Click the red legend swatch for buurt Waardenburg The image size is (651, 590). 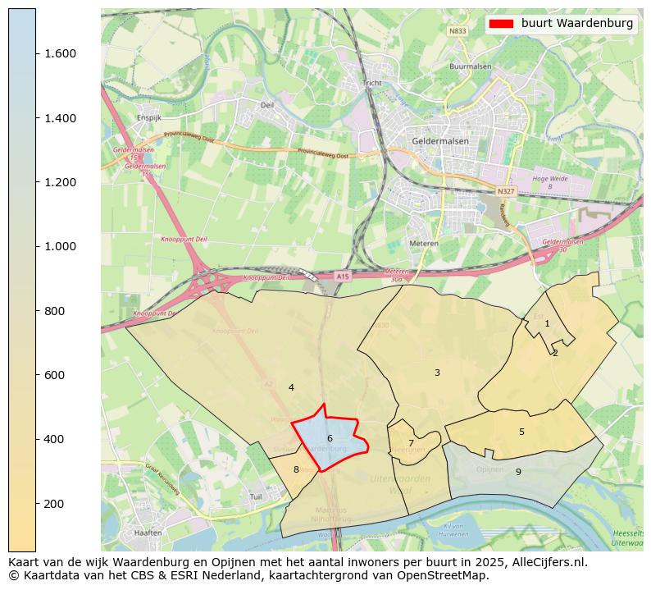(500, 24)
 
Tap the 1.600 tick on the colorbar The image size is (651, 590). (59, 54)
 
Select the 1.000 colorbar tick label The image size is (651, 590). (59, 247)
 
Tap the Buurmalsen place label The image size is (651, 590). (469, 66)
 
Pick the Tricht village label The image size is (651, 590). (372, 83)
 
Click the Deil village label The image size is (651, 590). (267, 105)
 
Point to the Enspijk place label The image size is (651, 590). (149, 117)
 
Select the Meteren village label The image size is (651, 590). (425, 244)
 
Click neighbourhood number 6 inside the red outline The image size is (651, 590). (330, 439)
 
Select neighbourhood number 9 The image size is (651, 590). (518, 472)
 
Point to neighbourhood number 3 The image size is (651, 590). (437, 373)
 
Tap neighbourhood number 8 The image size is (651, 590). (296, 469)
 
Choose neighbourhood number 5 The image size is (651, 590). (521, 432)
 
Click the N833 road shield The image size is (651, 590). (458, 31)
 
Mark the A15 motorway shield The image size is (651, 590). (342, 277)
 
